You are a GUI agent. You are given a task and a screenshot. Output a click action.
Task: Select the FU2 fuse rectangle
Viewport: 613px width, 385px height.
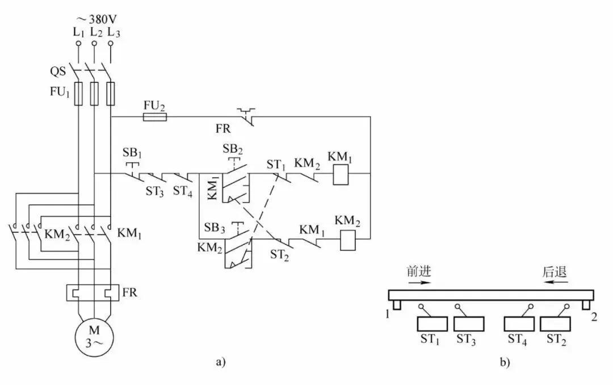coord(154,117)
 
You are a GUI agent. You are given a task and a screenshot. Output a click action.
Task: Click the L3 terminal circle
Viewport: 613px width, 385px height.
coord(110,43)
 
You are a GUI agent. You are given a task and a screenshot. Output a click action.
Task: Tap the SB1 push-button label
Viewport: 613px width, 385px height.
coord(132,154)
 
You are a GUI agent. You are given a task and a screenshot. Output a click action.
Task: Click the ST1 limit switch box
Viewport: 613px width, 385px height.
coord(433,324)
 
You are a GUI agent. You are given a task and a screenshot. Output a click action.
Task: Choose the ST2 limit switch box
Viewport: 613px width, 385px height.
coord(557,324)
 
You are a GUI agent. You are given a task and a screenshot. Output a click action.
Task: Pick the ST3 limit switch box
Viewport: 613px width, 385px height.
coord(469,324)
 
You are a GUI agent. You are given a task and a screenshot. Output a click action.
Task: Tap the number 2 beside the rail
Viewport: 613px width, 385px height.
coord(594,317)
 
